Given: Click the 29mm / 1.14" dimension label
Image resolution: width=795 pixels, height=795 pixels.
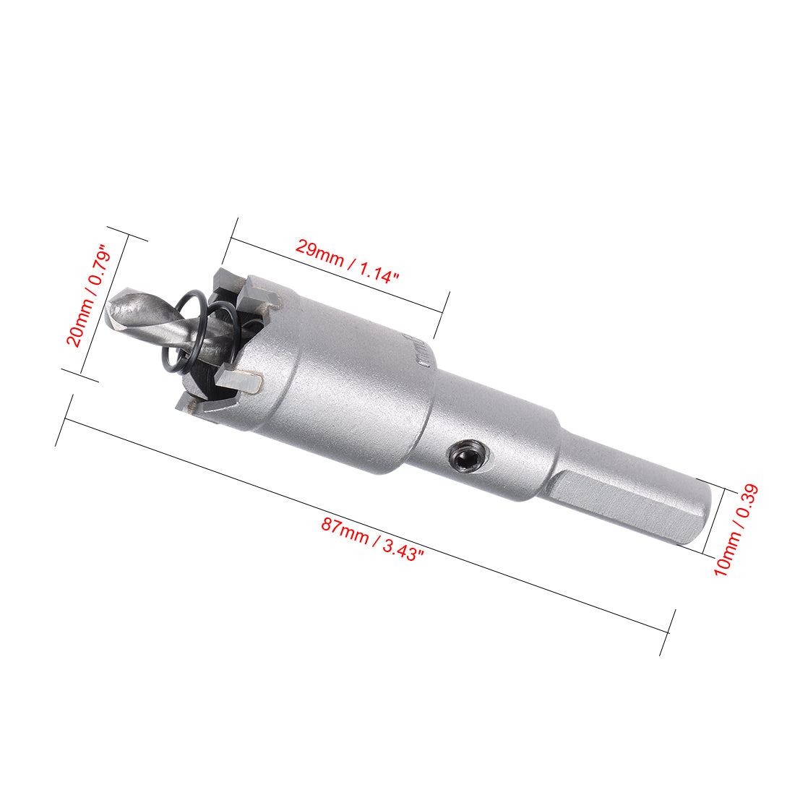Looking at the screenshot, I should tap(347, 262).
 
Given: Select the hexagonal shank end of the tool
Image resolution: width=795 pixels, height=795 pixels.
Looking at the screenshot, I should tap(636, 506).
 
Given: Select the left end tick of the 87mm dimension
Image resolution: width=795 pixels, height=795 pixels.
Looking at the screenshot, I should tap(64, 420).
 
